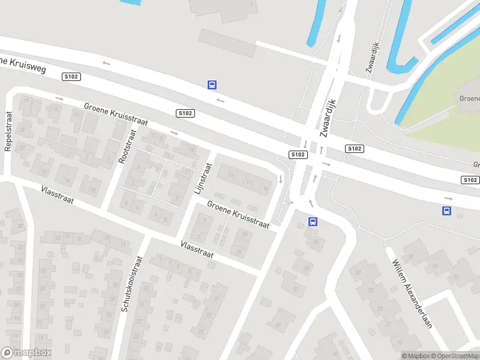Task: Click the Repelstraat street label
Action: [x=8, y=131]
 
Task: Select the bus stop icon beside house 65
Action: [x=313, y=222]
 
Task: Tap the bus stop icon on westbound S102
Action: [x=212, y=85]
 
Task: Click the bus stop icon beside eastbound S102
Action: [x=446, y=211]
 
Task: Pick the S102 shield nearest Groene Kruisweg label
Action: [x=71, y=77]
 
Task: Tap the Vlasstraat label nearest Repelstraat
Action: [x=58, y=195]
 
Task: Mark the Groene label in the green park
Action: [x=469, y=98]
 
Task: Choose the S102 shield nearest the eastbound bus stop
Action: [x=470, y=180]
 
